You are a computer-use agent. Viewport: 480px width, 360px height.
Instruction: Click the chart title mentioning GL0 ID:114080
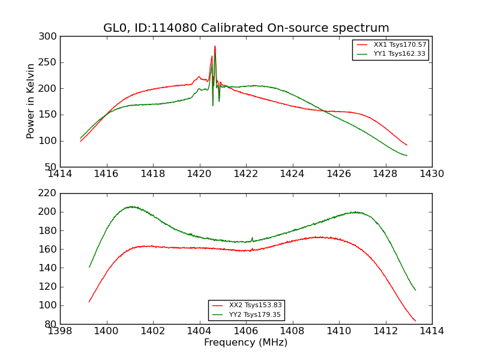click(246, 28)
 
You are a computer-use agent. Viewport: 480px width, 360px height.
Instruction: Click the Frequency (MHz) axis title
click(245, 343)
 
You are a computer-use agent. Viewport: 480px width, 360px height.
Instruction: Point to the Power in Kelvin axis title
click(31, 101)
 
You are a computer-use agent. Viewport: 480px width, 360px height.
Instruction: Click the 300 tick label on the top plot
click(50, 37)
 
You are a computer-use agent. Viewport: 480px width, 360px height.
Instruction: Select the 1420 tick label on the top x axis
click(199, 173)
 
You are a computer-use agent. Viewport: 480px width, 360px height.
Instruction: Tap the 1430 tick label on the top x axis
click(431, 173)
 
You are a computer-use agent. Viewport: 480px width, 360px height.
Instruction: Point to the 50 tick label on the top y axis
click(52, 167)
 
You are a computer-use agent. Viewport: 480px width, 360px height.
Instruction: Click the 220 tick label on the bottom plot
click(50, 193)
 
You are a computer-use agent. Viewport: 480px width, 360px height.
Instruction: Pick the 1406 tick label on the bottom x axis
click(245, 331)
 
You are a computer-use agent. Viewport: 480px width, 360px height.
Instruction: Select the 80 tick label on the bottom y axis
click(52, 324)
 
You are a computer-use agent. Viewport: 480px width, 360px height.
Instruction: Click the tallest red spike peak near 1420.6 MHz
click(215, 46)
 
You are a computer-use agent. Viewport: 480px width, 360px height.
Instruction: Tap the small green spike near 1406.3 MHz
click(252, 238)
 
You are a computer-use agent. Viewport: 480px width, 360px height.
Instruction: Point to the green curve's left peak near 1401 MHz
click(130, 207)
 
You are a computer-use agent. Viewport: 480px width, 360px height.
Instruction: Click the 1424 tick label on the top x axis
click(292, 173)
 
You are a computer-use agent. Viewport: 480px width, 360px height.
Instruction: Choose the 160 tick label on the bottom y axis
click(50, 249)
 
